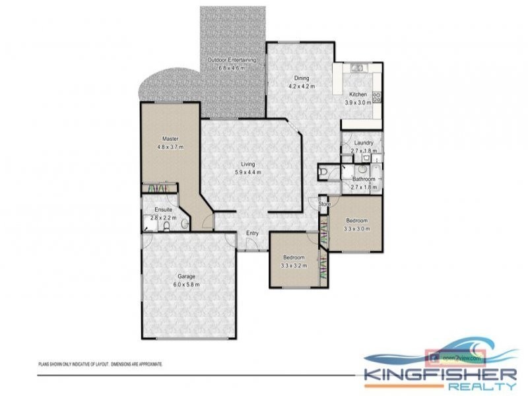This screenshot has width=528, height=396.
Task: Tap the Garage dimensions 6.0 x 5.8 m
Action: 185,284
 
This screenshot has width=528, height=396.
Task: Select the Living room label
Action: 248,164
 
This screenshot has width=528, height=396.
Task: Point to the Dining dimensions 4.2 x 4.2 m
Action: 302,86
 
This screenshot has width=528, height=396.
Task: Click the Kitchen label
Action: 358,94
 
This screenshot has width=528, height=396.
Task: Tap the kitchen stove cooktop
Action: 377,97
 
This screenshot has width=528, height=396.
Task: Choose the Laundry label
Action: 364,143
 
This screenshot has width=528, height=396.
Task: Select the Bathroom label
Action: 364,179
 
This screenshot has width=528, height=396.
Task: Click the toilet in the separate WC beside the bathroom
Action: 323,173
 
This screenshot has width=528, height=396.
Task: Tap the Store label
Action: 324,205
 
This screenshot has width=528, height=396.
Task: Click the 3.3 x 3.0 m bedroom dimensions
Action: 357,229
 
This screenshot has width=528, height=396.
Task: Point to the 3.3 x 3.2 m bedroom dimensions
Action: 294,265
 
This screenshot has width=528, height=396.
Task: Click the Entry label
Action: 252,233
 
